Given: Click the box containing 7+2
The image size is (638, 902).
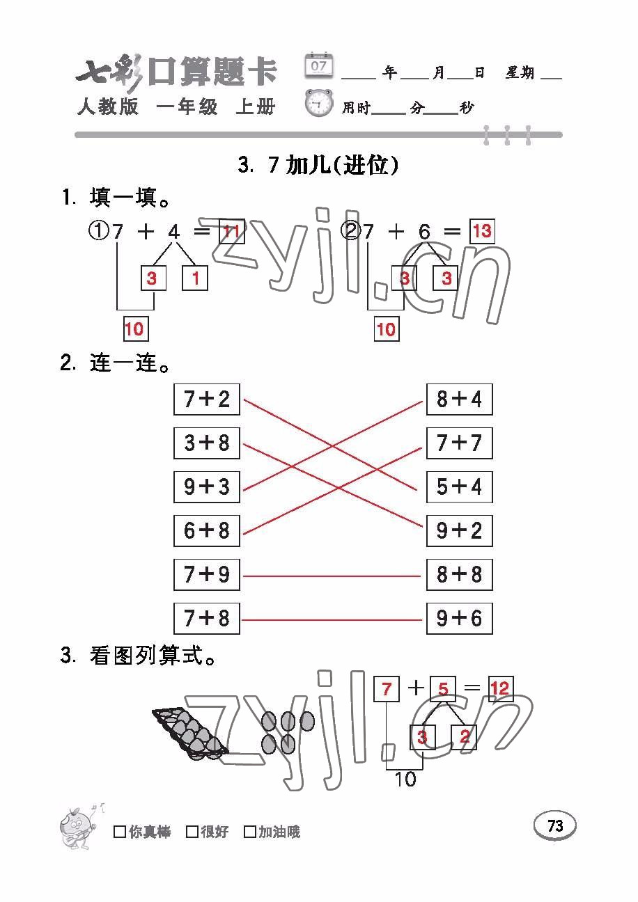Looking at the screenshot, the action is [x=207, y=399].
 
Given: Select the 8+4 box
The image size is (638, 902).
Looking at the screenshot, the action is [x=460, y=399].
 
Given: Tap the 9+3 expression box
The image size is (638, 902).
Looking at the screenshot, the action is [x=207, y=486].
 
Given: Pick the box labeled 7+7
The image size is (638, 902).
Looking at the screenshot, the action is [x=460, y=443].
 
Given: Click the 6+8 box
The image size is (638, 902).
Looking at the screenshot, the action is [x=207, y=531].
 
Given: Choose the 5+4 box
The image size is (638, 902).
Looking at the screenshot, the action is [x=460, y=486].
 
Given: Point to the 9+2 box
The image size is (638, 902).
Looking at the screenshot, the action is [x=460, y=531].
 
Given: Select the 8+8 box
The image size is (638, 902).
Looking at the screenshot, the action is [x=460, y=575].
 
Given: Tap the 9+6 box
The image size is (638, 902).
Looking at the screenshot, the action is [x=460, y=619].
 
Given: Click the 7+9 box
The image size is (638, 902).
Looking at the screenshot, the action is [x=207, y=575].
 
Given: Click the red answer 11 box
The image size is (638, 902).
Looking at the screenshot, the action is [x=232, y=232].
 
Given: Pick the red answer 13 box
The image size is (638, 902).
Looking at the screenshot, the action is [x=483, y=232].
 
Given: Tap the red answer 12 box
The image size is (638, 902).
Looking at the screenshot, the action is [x=501, y=688].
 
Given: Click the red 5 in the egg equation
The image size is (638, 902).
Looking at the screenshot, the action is [x=444, y=689].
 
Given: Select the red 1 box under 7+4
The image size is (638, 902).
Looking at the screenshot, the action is [x=195, y=278].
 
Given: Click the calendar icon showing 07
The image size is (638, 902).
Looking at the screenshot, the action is [x=319, y=65].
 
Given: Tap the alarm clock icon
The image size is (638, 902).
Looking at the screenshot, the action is [x=319, y=104].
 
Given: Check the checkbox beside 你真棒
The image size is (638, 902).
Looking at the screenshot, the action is [x=120, y=832].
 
